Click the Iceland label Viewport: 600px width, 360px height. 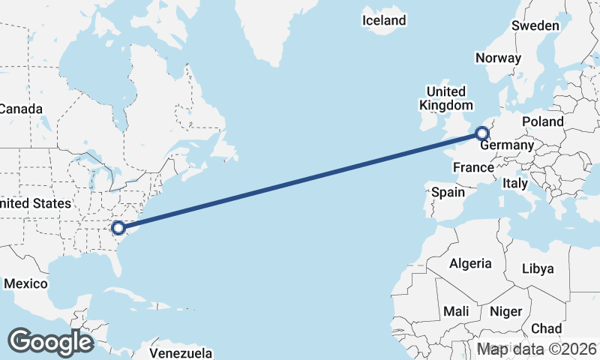[x=384, y=20]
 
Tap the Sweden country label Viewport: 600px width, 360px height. [x=535, y=25]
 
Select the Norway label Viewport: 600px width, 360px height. [x=498, y=58]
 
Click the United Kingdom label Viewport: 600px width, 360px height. [x=446, y=98]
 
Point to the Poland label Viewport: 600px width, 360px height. [x=543, y=121]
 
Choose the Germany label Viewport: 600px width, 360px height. [x=507, y=145]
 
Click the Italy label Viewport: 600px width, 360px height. [x=515, y=183]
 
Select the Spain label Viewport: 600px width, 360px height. [x=448, y=192]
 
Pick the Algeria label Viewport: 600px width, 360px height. [x=470, y=263]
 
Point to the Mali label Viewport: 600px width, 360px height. [x=456, y=310]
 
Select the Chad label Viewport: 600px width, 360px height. [x=546, y=328]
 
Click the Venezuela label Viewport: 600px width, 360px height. [x=181, y=352]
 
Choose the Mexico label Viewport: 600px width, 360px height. [x=25, y=283]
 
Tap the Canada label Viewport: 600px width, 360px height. [x=15, y=109]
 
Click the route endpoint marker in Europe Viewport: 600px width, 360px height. [x=481, y=133]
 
